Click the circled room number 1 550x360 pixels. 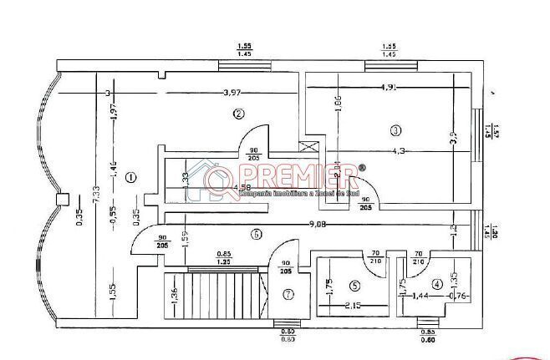[130, 176]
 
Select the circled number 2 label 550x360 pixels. [239, 114]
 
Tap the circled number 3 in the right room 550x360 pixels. [395, 129]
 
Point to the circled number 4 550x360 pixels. [437, 284]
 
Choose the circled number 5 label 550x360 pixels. [354, 285]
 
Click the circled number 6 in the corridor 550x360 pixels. [257, 234]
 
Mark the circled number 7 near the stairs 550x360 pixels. [288, 294]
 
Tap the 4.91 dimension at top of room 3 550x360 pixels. [390, 87]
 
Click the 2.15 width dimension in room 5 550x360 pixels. [355, 307]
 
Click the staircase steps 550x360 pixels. [216, 293]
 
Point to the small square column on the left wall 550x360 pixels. [59, 200]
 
